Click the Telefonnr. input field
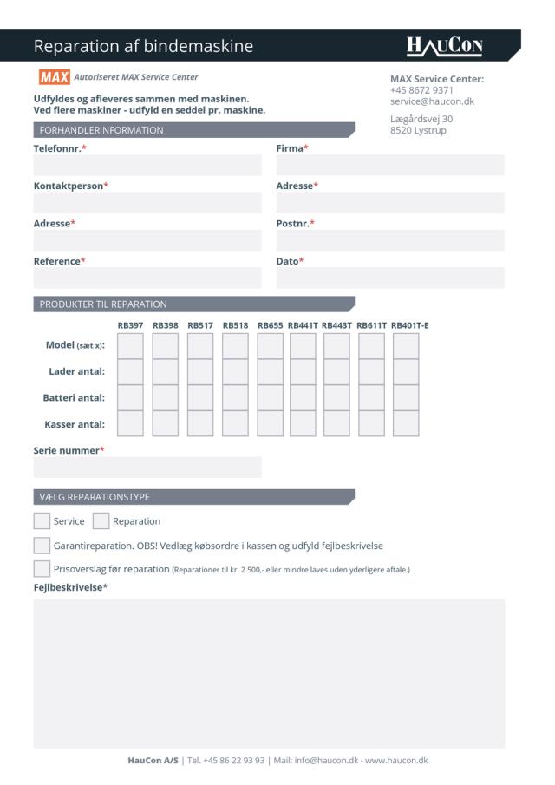[x=147, y=166]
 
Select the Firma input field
[x=389, y=166]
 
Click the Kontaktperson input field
[x=147, y=204]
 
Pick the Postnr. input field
[x=389, y=241]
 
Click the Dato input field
[x=389, y=278]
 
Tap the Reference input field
[x=147, y=278]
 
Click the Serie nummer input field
[x=147, y=468]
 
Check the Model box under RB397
[x=130, y=346]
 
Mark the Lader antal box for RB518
[x=235, y=372]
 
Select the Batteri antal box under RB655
[x=270, y=398]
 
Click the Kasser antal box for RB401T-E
[x=406, y=424]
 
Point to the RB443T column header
[x=336, y=325]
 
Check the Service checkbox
[x=42, y=521]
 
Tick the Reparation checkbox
[x=101, y=521]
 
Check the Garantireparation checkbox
[x=42, y=546]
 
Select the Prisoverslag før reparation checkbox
[x=42, y=569]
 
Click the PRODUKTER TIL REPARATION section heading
[x=103, y=304]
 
